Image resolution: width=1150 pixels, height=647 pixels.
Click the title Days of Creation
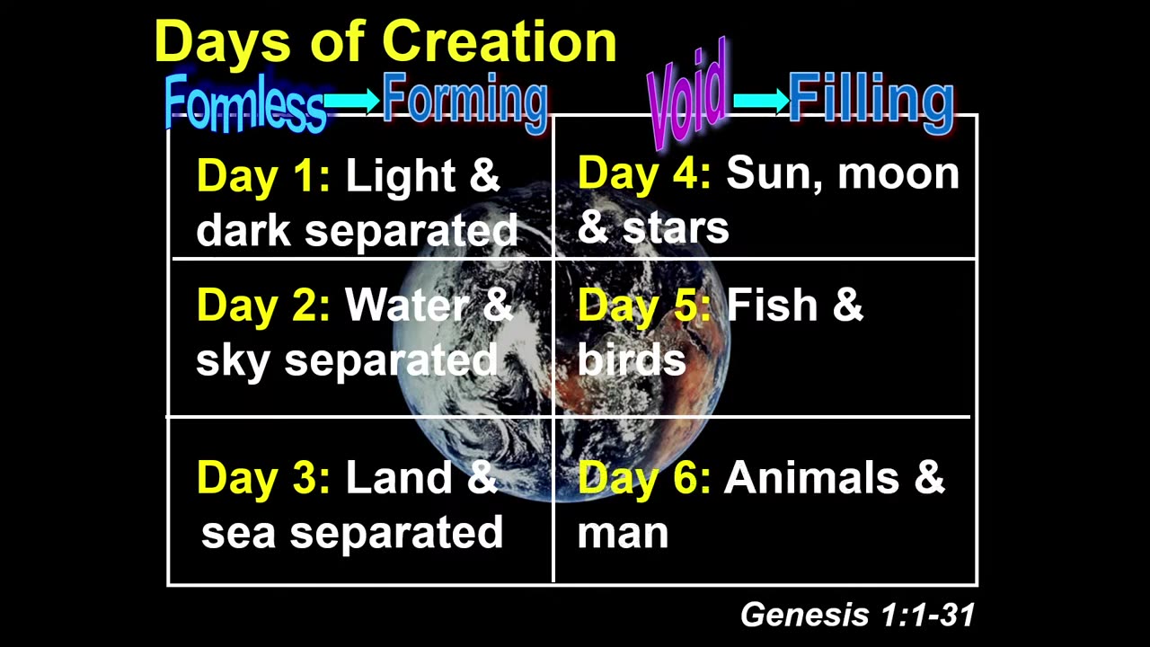[x=385, y=41]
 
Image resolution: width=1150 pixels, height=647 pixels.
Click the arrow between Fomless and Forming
[x=352, y=102]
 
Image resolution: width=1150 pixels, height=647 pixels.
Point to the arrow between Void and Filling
[x=760, y=100]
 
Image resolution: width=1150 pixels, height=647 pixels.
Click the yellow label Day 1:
[x=263, y=175]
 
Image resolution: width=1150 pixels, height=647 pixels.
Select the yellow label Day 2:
[x=263, y=306]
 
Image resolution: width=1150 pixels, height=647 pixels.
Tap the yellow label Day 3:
[x=263, y=477]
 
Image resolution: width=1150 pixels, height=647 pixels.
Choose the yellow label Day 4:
[x=644, y=172]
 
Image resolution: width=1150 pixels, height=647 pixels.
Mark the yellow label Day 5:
[x=644, y=306]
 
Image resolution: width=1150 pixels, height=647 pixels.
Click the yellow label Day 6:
[x=644, y=477]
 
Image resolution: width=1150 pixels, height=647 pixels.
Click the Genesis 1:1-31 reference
[x=857, y=615]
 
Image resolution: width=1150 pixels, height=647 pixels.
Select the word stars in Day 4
[x=675, y=227]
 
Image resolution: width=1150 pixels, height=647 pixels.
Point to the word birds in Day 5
[x=631, y=359]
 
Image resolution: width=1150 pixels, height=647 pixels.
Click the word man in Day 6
[x=623, y=531]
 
